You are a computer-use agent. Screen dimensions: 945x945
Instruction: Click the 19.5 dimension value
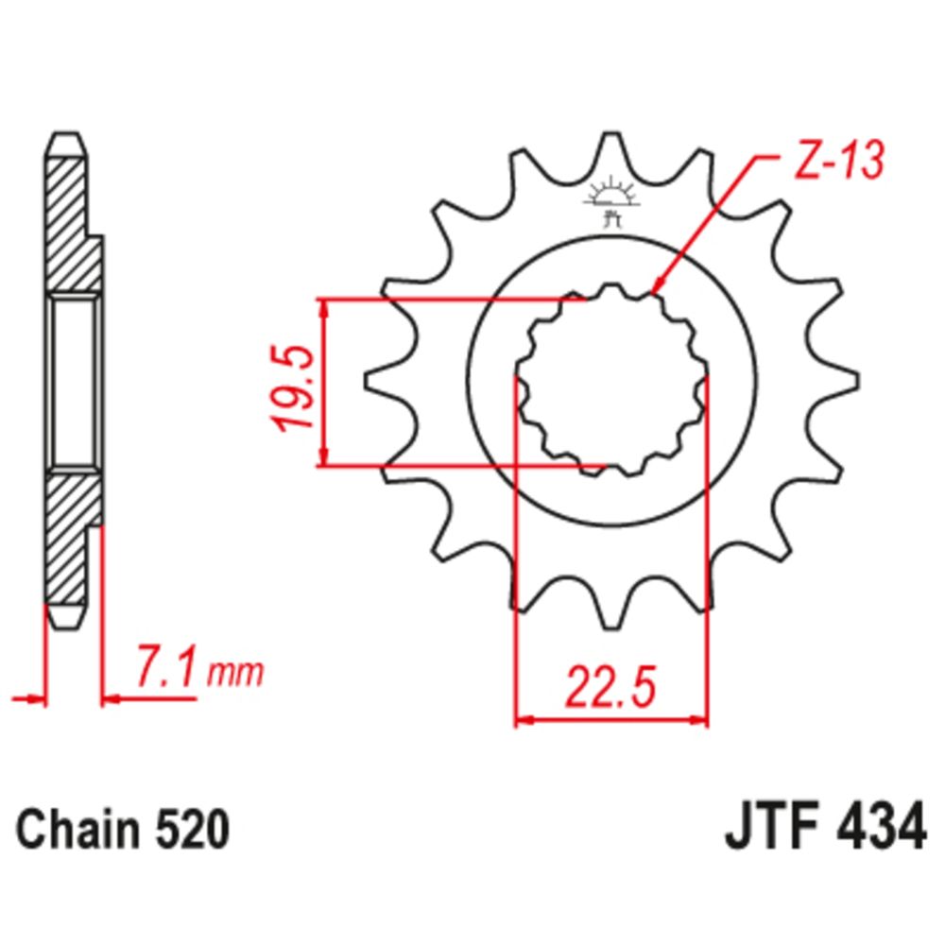tap(292, 388)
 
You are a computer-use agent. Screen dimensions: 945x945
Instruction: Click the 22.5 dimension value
tap(610, 687)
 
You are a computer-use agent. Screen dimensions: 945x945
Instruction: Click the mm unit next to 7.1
tap(234, 674)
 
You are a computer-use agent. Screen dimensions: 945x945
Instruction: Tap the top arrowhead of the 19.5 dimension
tap(324, 308)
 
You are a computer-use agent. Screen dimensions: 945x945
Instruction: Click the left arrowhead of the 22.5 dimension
tap(524, 721)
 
